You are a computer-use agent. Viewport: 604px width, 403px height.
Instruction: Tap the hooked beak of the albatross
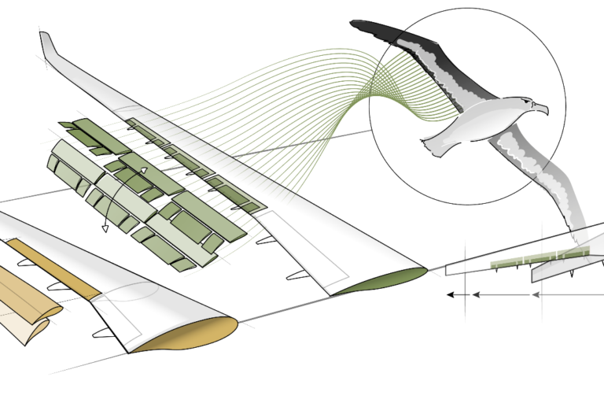[543, 109]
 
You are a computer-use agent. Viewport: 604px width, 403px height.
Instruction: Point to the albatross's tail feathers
[431, 145]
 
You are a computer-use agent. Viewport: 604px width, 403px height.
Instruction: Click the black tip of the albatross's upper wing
[370, 28]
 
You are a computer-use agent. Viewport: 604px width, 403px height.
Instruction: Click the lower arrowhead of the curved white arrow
[104, 229]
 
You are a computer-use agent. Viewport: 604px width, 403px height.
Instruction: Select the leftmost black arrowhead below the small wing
[451, 295]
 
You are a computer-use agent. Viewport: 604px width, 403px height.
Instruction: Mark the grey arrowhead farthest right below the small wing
[536, 295]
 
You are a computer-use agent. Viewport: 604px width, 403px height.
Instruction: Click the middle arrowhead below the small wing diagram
[475, 295]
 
